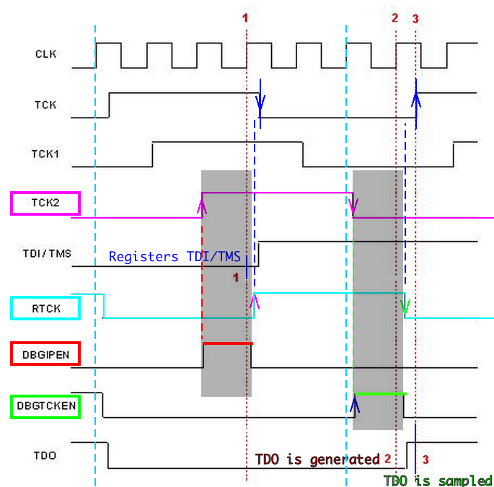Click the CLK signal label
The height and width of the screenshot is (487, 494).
coord(45,54)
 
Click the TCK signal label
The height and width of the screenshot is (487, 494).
coord(45,105)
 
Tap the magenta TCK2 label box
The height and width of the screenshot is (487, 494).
coord(45,203)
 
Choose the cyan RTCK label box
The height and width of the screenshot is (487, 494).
coord(45,308)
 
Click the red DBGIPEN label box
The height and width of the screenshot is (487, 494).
coord(45,354)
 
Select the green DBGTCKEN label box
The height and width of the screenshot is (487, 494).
coord(45,407)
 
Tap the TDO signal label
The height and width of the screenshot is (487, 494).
coord(45,456)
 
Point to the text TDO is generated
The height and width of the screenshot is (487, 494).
coord(317,460)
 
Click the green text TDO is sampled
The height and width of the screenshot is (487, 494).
coord(437,481)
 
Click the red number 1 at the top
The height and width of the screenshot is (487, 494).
coord(245,17)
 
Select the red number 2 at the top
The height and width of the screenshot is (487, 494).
coord(394,18)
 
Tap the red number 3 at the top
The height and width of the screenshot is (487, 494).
coord(415,19)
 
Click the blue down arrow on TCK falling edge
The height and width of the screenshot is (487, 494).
coord(260,105)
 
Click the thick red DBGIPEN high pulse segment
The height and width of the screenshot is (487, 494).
coord(227,343)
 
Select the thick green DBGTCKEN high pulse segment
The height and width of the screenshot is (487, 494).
coord(379,393)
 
